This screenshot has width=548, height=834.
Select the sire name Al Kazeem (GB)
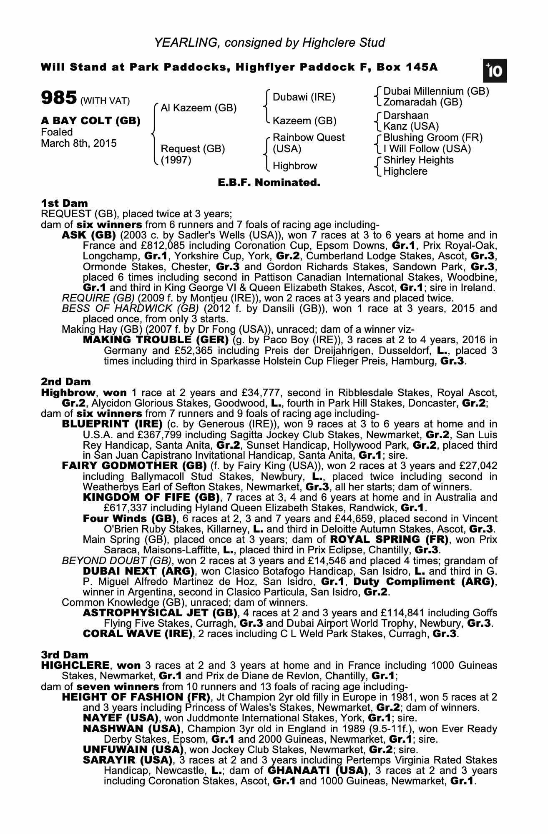pos(199,108)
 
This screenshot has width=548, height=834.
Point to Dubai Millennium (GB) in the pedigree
pos(436,91)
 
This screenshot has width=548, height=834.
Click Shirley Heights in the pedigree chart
pos(418,160)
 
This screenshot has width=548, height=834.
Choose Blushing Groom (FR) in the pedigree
pos(432,138)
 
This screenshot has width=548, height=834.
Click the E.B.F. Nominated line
pos(269,182)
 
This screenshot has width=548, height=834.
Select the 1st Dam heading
pos(64,203)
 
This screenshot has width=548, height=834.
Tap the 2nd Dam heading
pos(65,382)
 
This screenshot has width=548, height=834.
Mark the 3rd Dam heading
pos(65,655)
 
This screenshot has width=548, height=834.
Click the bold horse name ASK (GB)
pos(88,235)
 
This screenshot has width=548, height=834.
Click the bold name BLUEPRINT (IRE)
pos(112,424)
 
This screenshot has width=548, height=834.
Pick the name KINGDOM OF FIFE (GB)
pos(151,497)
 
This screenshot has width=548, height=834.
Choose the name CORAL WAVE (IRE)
pos(138,634)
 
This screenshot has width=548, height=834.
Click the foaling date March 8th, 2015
pos(79,143)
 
